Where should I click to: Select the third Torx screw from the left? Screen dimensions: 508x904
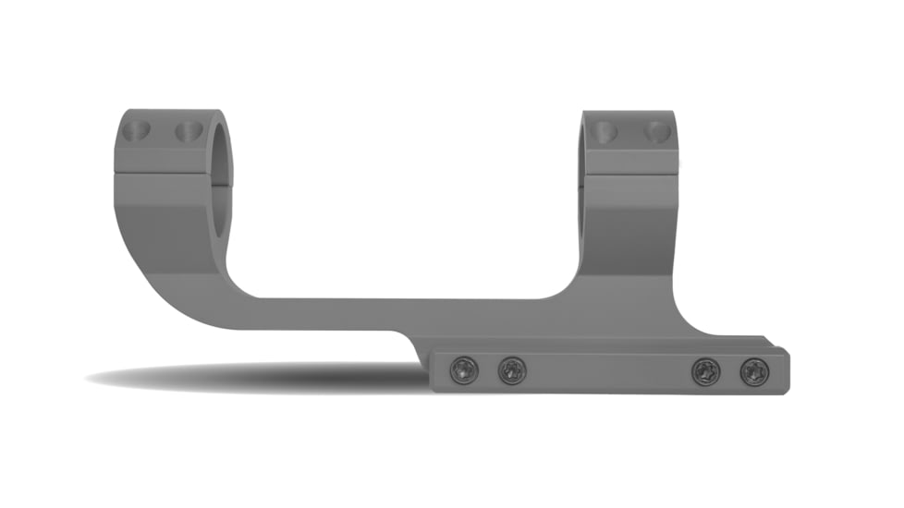click(707, 371)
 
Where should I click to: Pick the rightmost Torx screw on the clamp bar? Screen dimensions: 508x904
click(755, 371)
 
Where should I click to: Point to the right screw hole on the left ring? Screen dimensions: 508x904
click(189, 131)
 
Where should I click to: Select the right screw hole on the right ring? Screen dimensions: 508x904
click(656, 131)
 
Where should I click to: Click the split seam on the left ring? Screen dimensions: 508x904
click(162, 173)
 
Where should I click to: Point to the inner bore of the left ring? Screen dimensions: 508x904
click(223, 185)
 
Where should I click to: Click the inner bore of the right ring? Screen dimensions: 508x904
click(586, 185)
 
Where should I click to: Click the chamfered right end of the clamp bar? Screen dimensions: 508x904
click(785, 369)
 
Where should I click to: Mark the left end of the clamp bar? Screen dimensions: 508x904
click(437, 371)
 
